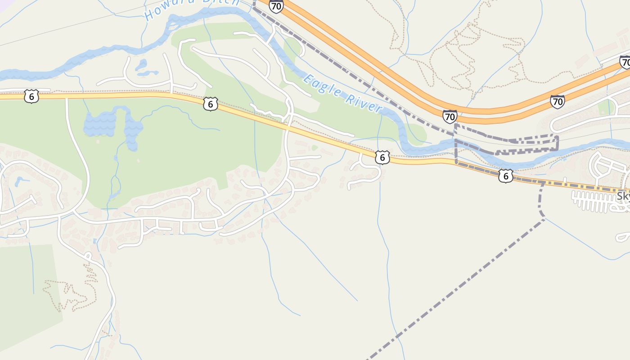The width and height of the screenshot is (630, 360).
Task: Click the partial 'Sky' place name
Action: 624,196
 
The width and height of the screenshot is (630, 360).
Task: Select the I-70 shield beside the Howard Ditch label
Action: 276,6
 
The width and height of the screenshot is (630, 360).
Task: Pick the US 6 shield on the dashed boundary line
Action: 506,175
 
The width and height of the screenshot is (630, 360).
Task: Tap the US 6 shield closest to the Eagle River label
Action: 382,157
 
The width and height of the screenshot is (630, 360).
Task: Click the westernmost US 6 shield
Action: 31,96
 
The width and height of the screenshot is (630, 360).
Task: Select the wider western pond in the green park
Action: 100,122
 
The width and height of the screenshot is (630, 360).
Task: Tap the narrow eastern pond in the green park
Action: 133,130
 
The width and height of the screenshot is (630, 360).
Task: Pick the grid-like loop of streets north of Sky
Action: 605,166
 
